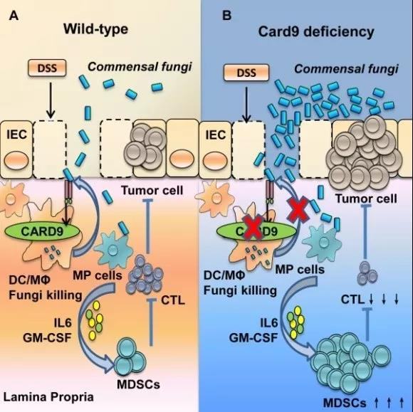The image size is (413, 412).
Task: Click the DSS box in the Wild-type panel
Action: pos(47,68)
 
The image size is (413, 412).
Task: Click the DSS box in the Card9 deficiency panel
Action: pos(246,73)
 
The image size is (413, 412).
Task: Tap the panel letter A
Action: pos(14,16)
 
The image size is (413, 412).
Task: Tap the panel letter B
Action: pos(226,16)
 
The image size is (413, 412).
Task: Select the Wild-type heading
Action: pos(95,29)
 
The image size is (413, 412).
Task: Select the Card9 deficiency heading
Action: pos(316,31)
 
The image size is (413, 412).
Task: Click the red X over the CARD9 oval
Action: pos(253,228)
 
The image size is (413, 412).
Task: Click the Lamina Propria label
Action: pos(48,397)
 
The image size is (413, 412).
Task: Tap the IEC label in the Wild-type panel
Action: pos(16,134)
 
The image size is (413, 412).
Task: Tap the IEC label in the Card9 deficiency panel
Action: pos(216,135)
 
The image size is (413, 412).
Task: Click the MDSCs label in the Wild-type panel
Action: pos(138,385)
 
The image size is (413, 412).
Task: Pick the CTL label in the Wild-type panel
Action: pos(173,300)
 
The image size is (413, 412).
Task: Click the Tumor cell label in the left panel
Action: pos(152,190)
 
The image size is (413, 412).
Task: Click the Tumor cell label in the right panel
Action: pos(366,199)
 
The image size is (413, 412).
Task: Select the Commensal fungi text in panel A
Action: pos(140,67)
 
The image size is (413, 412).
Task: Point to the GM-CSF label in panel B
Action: pos(253,337)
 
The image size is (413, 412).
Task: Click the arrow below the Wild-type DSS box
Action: pos(51,100)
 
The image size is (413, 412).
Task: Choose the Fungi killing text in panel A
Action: pos(46,295)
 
